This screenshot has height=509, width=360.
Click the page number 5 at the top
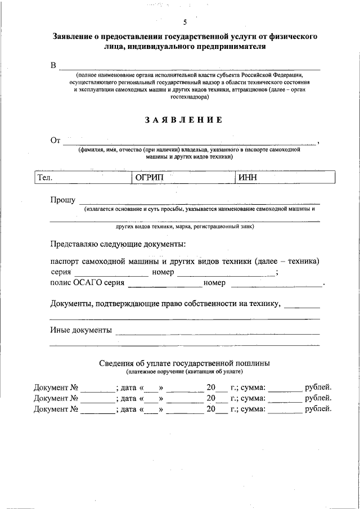[185, 22]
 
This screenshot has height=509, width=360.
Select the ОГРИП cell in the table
[148, 178]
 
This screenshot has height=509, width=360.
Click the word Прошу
[62, 200]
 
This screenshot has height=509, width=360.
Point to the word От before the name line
[55, 141]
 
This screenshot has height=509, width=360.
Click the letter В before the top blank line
[53, 66]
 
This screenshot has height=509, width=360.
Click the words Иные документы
[80, 330]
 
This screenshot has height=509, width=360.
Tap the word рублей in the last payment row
[318, 409]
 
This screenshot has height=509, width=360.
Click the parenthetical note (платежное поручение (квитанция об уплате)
[184, 372]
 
